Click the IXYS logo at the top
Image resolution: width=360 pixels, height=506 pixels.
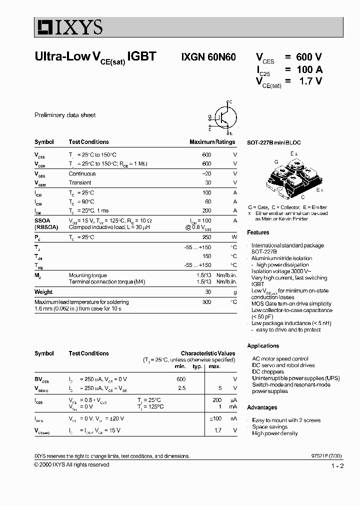(68, 26)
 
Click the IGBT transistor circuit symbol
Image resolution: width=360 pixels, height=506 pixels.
(223, 117)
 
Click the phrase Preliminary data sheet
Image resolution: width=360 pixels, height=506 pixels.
(65, 115)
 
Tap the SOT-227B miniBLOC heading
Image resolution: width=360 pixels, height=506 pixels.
(274, 142)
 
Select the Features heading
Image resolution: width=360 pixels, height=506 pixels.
(258, 232)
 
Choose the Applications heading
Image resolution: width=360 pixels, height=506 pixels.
(263, 346)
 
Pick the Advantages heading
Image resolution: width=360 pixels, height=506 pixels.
(262, 407)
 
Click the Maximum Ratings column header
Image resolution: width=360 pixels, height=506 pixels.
(212, 142)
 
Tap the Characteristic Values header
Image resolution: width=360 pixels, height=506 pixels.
(207, 353)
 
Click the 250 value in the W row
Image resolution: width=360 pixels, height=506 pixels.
(206, 237)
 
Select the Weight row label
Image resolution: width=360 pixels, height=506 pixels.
(43, 292)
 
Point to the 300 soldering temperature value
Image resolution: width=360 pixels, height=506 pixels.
(206, 302)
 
